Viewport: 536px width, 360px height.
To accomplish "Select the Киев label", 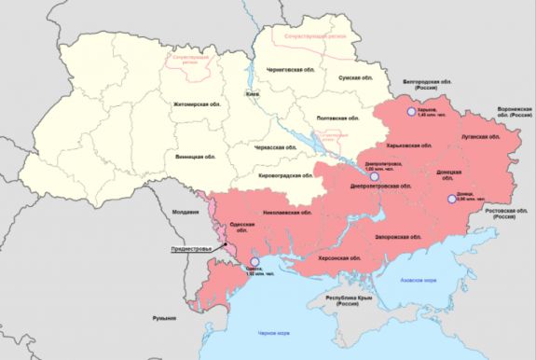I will pyautogui.click(x=251, y=95).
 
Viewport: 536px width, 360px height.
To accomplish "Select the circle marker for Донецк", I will pyautogui.click(x=452, y=198).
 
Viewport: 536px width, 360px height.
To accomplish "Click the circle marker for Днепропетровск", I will pyautogui.click(x=374, y=174).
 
